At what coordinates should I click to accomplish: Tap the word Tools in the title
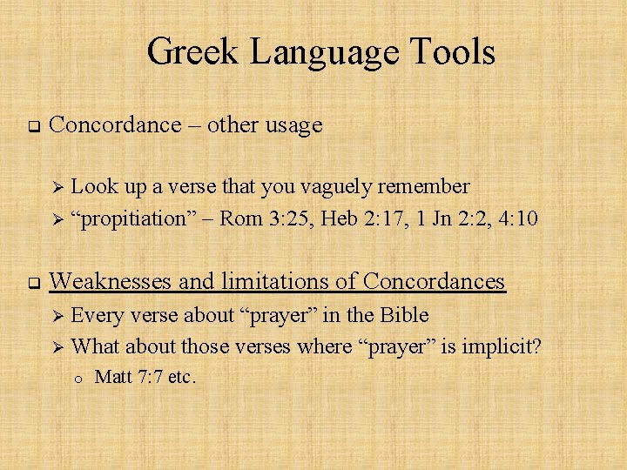coord(452,51)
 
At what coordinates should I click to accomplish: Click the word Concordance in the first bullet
coord(115,124)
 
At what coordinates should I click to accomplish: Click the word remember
coord(427,186)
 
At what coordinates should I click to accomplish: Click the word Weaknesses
coord(112,281)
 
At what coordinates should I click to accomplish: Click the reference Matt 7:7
coord(133,377)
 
